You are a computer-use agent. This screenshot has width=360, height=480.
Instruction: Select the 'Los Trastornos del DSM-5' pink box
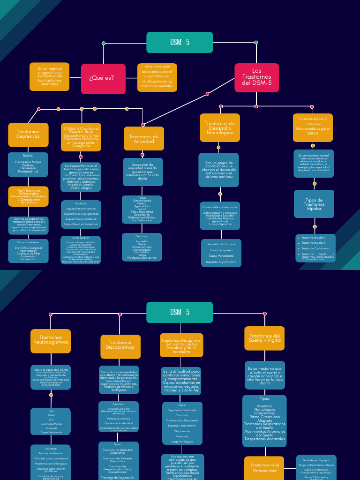tap(256, 78)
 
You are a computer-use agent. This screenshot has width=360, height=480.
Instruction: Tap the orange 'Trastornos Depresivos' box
tap(28, 135)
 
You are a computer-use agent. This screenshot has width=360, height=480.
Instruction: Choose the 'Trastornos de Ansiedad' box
tap(143, 139)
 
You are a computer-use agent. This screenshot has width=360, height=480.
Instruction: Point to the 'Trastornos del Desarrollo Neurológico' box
tap(220, 127)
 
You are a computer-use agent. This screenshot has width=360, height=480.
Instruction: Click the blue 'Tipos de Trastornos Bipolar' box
tap(314, 204)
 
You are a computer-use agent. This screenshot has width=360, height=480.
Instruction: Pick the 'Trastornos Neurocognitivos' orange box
tap(51, 340)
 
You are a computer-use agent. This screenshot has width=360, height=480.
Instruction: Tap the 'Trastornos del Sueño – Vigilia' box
tap(264, 338)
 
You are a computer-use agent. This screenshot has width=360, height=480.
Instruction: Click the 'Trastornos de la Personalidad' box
tap(264, 468)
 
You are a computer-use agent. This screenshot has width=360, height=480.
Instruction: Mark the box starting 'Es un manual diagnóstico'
tap(50, 76)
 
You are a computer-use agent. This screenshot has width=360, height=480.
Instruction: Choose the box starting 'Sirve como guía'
tap(157, 77)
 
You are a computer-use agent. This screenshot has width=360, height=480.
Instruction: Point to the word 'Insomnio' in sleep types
tap(264, 406)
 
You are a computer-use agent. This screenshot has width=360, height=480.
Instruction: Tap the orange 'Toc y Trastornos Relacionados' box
tap(28, 196)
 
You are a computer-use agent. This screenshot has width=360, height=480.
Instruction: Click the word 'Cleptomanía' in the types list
tap(182, 431)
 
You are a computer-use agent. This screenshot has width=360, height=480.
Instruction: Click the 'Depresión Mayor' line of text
tap(28, 162)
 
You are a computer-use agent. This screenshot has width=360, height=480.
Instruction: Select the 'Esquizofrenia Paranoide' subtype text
tap(81, 208)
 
